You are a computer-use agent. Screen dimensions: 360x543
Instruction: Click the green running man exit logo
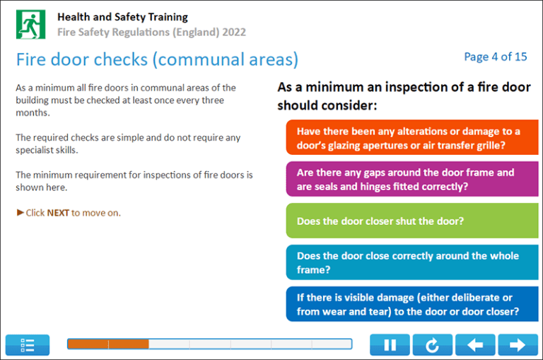(x=30, y=24)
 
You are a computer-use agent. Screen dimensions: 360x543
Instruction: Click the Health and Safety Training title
(x=122, y=16)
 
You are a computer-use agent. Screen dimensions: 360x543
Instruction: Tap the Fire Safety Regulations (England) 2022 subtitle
(x=151, y=32)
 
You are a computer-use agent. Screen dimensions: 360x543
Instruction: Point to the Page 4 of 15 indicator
(x=495, y=57)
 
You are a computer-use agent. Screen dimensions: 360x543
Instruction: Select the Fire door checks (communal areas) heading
(x=157, y=59)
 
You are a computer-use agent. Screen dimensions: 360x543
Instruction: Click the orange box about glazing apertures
(x=411, y=138)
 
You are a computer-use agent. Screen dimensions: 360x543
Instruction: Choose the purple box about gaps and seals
(x=411, y=179)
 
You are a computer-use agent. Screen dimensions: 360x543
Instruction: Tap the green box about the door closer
(x=411, y=221)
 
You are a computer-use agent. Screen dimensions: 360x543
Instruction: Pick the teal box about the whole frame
(x=411, y=262)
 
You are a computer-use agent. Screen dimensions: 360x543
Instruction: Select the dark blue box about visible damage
(x=411, y=304)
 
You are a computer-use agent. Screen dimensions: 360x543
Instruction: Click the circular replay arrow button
(x=432, y=345)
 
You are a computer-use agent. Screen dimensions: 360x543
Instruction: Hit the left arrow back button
(x=475, y=345)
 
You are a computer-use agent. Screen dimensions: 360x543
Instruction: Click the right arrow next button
(x=518, y=345)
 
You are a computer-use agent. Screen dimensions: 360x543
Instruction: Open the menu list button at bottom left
(x=28, y=345)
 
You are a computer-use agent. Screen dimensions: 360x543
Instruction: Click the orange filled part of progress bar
(x=107, y=344)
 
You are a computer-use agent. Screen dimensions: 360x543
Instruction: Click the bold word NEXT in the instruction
(x=58, y=212)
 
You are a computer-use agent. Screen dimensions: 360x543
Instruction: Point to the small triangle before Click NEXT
(x=21, y=212)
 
